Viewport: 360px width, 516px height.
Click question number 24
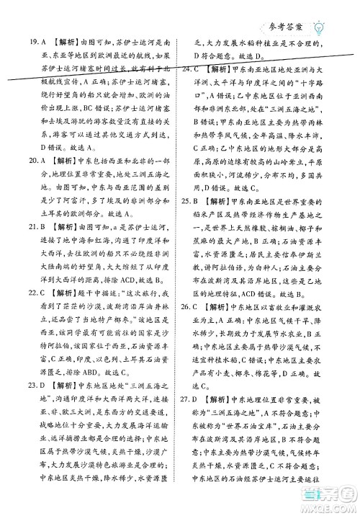[x=187, y=70]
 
